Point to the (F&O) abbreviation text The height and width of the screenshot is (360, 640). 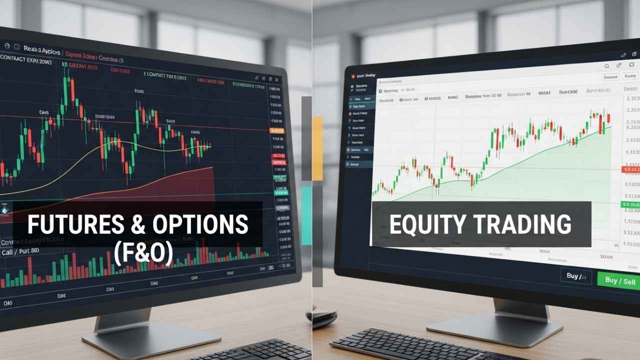(143, 254)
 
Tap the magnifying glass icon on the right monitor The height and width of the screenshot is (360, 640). (606, 66)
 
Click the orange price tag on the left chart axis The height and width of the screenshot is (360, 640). (276, 130)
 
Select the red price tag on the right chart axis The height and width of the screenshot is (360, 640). (630, 170)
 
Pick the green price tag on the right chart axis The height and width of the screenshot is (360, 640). (630, 205)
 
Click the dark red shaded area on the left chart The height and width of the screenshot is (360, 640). (190, 185)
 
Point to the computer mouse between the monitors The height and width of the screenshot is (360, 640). (321, 318)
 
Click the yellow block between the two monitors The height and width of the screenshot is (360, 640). (317, 147)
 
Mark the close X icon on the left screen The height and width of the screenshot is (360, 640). (276, 78)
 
